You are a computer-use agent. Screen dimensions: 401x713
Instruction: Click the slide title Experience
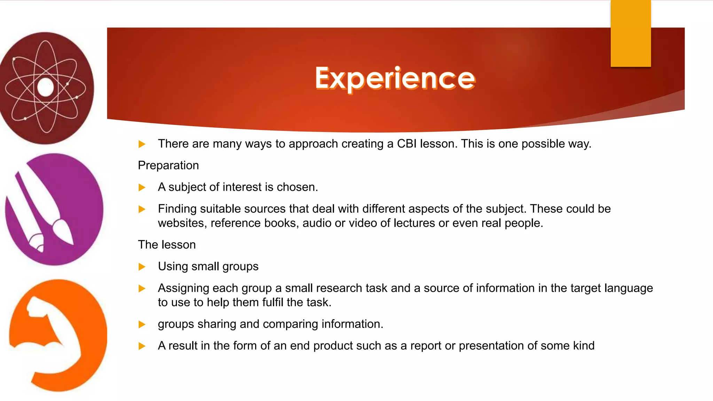(395, 78)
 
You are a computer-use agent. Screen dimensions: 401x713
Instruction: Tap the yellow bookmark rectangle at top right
(630, 33)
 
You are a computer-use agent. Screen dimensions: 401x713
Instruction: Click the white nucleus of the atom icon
(46, 87)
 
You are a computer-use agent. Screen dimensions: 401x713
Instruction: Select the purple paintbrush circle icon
(54, 209)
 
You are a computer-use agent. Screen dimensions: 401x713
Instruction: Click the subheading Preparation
(168, 165)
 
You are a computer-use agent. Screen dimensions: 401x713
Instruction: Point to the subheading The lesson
(167, 245)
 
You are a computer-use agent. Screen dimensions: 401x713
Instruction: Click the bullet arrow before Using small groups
(142, 267)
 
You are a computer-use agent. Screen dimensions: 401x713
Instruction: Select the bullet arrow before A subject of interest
(142, 188)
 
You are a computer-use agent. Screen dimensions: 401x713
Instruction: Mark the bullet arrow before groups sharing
(142, 324)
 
